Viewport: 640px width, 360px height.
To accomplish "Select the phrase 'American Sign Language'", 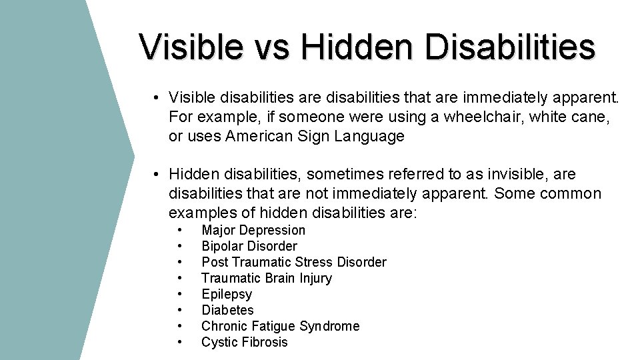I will tap(315, 137).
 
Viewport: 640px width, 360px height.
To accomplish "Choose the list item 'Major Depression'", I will tap(253, 230).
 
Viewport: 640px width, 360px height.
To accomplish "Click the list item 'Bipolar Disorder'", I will tap(249, 246).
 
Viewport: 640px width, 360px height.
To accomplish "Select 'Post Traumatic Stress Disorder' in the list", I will tap(293, 262).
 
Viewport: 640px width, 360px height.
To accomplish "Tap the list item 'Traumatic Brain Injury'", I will tap(267, 278).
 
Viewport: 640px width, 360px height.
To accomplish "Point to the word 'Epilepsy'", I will tap(227, 294).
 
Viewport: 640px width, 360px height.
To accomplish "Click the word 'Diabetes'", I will tap(227, 310).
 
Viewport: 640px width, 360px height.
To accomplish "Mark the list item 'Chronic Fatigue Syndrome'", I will tap(280, 326).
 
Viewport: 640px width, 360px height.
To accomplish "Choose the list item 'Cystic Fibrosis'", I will tap(245, 342).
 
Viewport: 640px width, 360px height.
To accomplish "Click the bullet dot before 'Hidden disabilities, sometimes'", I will tap(154, 175).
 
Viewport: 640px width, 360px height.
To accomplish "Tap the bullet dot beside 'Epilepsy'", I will tap(180, 294).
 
